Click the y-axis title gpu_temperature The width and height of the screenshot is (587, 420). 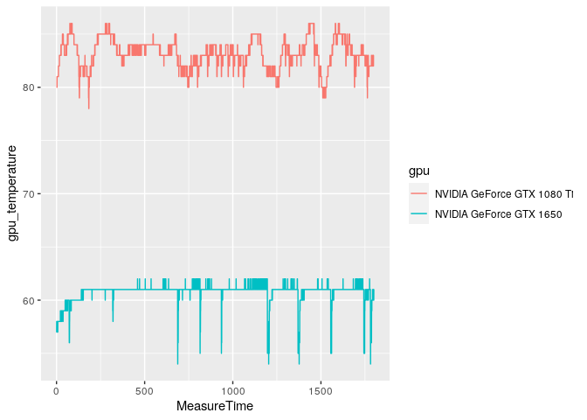tap(13, 193)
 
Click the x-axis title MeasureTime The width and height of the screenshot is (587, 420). tap(215, 407)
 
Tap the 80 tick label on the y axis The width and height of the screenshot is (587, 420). tap(29, 87)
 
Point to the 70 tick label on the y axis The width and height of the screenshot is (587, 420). tap(29, 194)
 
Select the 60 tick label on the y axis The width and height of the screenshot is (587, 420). tap(29, 301)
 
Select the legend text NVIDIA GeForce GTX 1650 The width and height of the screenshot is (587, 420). tap(498, 213)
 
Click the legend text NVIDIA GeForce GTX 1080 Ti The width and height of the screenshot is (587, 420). tap(504, 193)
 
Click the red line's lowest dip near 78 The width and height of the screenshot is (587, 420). tap(88, 108)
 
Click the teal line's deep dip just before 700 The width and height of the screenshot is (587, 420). tap(177, 363)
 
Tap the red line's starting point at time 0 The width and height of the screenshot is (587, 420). tap(57, 87)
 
